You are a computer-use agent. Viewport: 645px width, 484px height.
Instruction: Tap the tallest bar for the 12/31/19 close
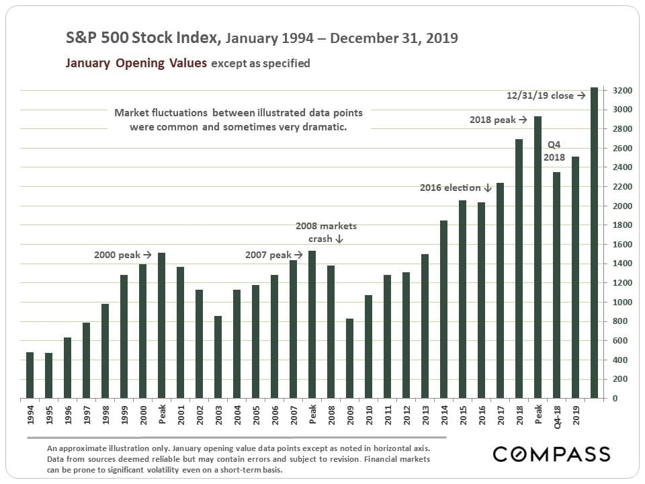(x=594, y=242)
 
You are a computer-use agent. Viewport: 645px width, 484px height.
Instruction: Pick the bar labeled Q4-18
(x=556, y=285)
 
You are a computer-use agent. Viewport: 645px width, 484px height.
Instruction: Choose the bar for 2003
(x=218, y=357)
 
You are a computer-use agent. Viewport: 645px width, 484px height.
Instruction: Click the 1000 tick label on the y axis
(x=621, y=302)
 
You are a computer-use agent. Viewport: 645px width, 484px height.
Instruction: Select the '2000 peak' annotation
(x=122, y=255)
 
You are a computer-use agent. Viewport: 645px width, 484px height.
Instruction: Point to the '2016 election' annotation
(x=456, y=188)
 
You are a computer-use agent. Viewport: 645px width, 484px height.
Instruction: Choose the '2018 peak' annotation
(x=498, y=120)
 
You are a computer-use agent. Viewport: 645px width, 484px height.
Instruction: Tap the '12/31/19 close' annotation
(x=546, y=95)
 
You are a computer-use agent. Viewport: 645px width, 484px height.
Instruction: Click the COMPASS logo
(x=552, y=454)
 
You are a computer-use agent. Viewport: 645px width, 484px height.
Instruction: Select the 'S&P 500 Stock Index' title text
(x=142, y=38)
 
